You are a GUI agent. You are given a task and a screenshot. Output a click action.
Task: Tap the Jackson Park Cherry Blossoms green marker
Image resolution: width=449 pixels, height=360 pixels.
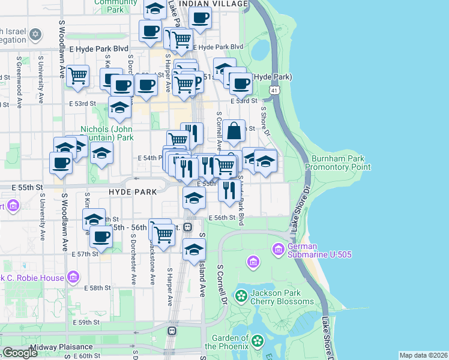click(x=241, y=296)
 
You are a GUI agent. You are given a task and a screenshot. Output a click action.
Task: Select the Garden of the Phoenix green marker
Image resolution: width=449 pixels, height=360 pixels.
click(x=258, y=341)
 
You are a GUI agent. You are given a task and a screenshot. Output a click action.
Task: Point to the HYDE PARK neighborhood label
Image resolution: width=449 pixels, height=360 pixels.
click(x=133, y=191)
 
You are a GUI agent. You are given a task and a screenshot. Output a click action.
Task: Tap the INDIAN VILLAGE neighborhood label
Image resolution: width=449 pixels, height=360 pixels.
click(x=213, y=4)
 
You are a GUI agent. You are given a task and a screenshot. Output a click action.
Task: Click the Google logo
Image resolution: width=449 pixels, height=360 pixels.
click(x=20, y=353)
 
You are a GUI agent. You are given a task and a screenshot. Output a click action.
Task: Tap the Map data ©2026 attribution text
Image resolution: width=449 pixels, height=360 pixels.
click(x=423, y=355)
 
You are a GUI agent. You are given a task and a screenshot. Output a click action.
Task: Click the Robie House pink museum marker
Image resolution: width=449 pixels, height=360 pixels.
click(x=73, y=277)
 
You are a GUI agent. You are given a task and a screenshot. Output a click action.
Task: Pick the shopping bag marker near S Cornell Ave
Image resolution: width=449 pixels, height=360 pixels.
click(x=235, y=130)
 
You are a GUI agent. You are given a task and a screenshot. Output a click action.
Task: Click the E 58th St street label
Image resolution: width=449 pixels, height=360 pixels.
click(x=99, y=288)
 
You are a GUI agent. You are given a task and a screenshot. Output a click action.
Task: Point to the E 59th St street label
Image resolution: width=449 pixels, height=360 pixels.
click(x=88, y=322)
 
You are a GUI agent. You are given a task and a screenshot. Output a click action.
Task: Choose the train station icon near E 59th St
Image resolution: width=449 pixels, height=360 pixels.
click(x=172, y=330)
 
